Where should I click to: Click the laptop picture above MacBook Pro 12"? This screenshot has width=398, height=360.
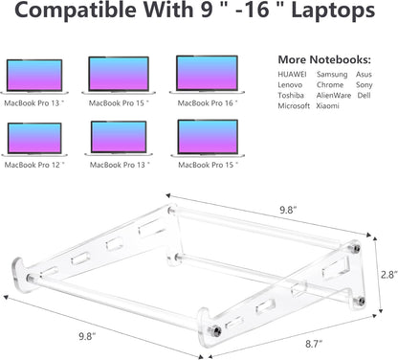[x=34, y=139]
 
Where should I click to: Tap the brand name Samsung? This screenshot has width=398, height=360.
[x=334, y=73]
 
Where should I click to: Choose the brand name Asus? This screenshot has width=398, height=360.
[x=364, y=73]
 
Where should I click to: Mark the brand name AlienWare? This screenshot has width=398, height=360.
[x=335, y=95]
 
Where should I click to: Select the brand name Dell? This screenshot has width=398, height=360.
[x=365, y=95]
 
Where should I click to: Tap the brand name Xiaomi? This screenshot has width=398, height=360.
[x=327, y=106]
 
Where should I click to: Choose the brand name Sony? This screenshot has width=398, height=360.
[x=364, y=84]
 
